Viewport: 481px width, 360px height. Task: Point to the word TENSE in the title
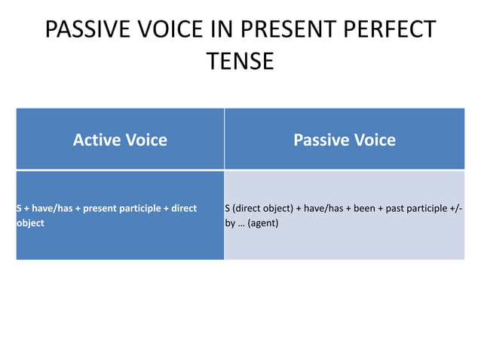(x=240, y=61)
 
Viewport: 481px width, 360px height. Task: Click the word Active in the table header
(x=97, y=139)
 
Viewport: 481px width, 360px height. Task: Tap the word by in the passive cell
(x=230, y=223)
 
